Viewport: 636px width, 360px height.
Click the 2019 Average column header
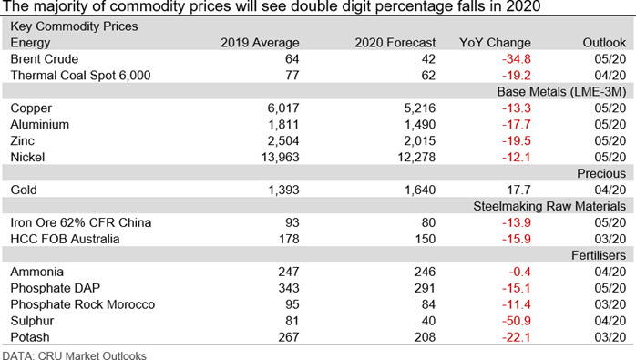(x=260, y=43)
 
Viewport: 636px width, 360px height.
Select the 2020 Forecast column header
(x=395, y=43)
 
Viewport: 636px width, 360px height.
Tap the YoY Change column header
(x=495, y=43)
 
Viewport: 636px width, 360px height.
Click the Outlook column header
(x=604, y=43)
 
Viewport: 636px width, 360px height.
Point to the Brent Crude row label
(x=45, y=59)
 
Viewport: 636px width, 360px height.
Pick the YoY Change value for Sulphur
(x=517, y=321)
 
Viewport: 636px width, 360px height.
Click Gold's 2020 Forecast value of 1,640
(x=420, y=190)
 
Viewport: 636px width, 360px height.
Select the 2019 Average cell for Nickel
(x=281, y=157)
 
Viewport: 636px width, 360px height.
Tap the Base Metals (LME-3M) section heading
(x=562, y=92)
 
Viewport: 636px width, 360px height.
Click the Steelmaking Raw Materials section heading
(x=549, y=206)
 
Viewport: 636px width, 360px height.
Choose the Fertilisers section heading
(x=599, y=255)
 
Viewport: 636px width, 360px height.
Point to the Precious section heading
(x=601, y=173)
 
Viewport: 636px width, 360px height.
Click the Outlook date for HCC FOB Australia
(x=610, y=239)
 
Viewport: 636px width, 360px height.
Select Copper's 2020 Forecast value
(x=420, y=108)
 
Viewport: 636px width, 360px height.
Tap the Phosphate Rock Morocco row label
(x=83, y=304)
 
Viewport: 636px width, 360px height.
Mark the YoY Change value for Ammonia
(x=520, y=272)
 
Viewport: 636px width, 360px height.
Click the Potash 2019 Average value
(x=289, y=337)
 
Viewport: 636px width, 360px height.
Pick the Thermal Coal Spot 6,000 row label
(x=80, y=75)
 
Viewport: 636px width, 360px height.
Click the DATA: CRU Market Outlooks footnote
(x=74, y=355)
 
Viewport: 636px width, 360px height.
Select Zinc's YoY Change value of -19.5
(x=517, y=141)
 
